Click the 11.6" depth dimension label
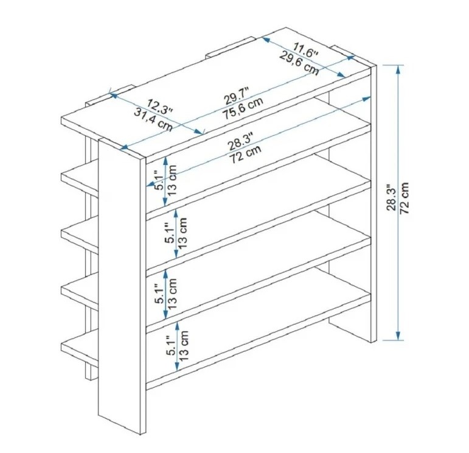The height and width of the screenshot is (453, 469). coord(305,51)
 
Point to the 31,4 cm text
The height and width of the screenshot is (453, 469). coord(153,120)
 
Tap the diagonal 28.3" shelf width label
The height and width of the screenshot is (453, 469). coord(241,141)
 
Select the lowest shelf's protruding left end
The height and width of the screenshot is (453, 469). coord(80,348)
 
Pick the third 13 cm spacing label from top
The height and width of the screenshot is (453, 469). coord(173,293)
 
